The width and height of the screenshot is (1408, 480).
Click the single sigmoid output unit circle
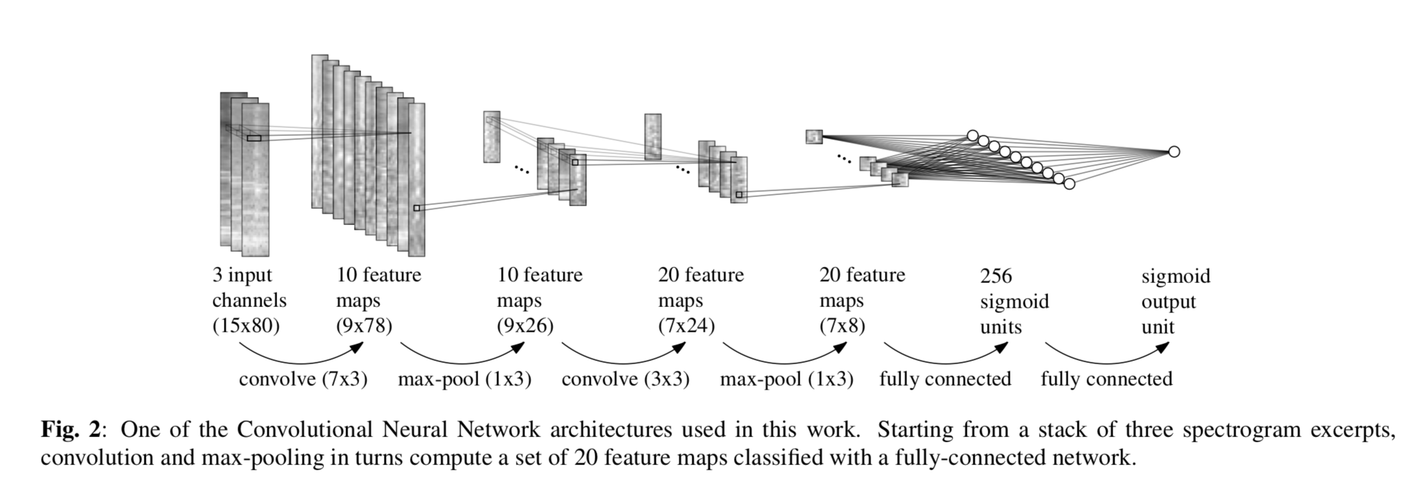pyautogui.click(x=1174, y=152)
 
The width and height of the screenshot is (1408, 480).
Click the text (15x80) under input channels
pyautogui.click(x=245, y=325)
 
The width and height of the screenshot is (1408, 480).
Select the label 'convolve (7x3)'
pyautogui.click(x=303, y=379)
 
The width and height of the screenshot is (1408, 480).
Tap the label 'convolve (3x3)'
pyautogui.click(x=625, y=379)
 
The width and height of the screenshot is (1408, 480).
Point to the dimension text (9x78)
pyautogui.click(x=364, y=325)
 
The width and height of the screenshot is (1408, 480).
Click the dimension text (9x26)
pyautogui.click(x=525, y=325)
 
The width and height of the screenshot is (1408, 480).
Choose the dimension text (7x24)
pyautogui.click(x=686, y=325)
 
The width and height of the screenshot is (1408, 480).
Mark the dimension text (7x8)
pyautogui.click(x=842, y=325)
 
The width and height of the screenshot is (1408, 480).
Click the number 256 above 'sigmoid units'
pyautogui.click(x=996, y=276)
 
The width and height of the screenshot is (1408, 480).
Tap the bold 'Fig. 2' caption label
pyautogui.click(x=71, y=430)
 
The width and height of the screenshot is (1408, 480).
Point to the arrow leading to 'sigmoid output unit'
pyautogui.click(x=1107, y=354)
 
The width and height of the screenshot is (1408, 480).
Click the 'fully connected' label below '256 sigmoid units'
pyautogui.click(x=945, y=379)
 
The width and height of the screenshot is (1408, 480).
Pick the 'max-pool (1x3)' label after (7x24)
pyautogui.click(x=787, y=379)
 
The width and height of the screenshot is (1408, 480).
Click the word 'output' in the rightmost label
pyautogui.click(x=1169, y=301)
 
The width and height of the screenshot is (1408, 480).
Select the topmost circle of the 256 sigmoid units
pyautogui.click(x=972, y=135)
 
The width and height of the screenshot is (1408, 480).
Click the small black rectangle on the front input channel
pyautogui.click(x=254, y=138)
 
